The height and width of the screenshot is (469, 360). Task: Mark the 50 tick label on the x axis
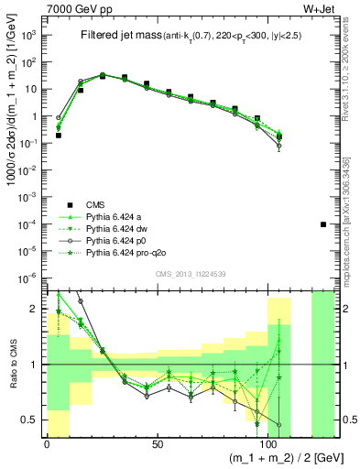158,444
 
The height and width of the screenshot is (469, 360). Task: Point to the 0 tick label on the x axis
47,444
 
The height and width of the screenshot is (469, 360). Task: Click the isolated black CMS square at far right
323,224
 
